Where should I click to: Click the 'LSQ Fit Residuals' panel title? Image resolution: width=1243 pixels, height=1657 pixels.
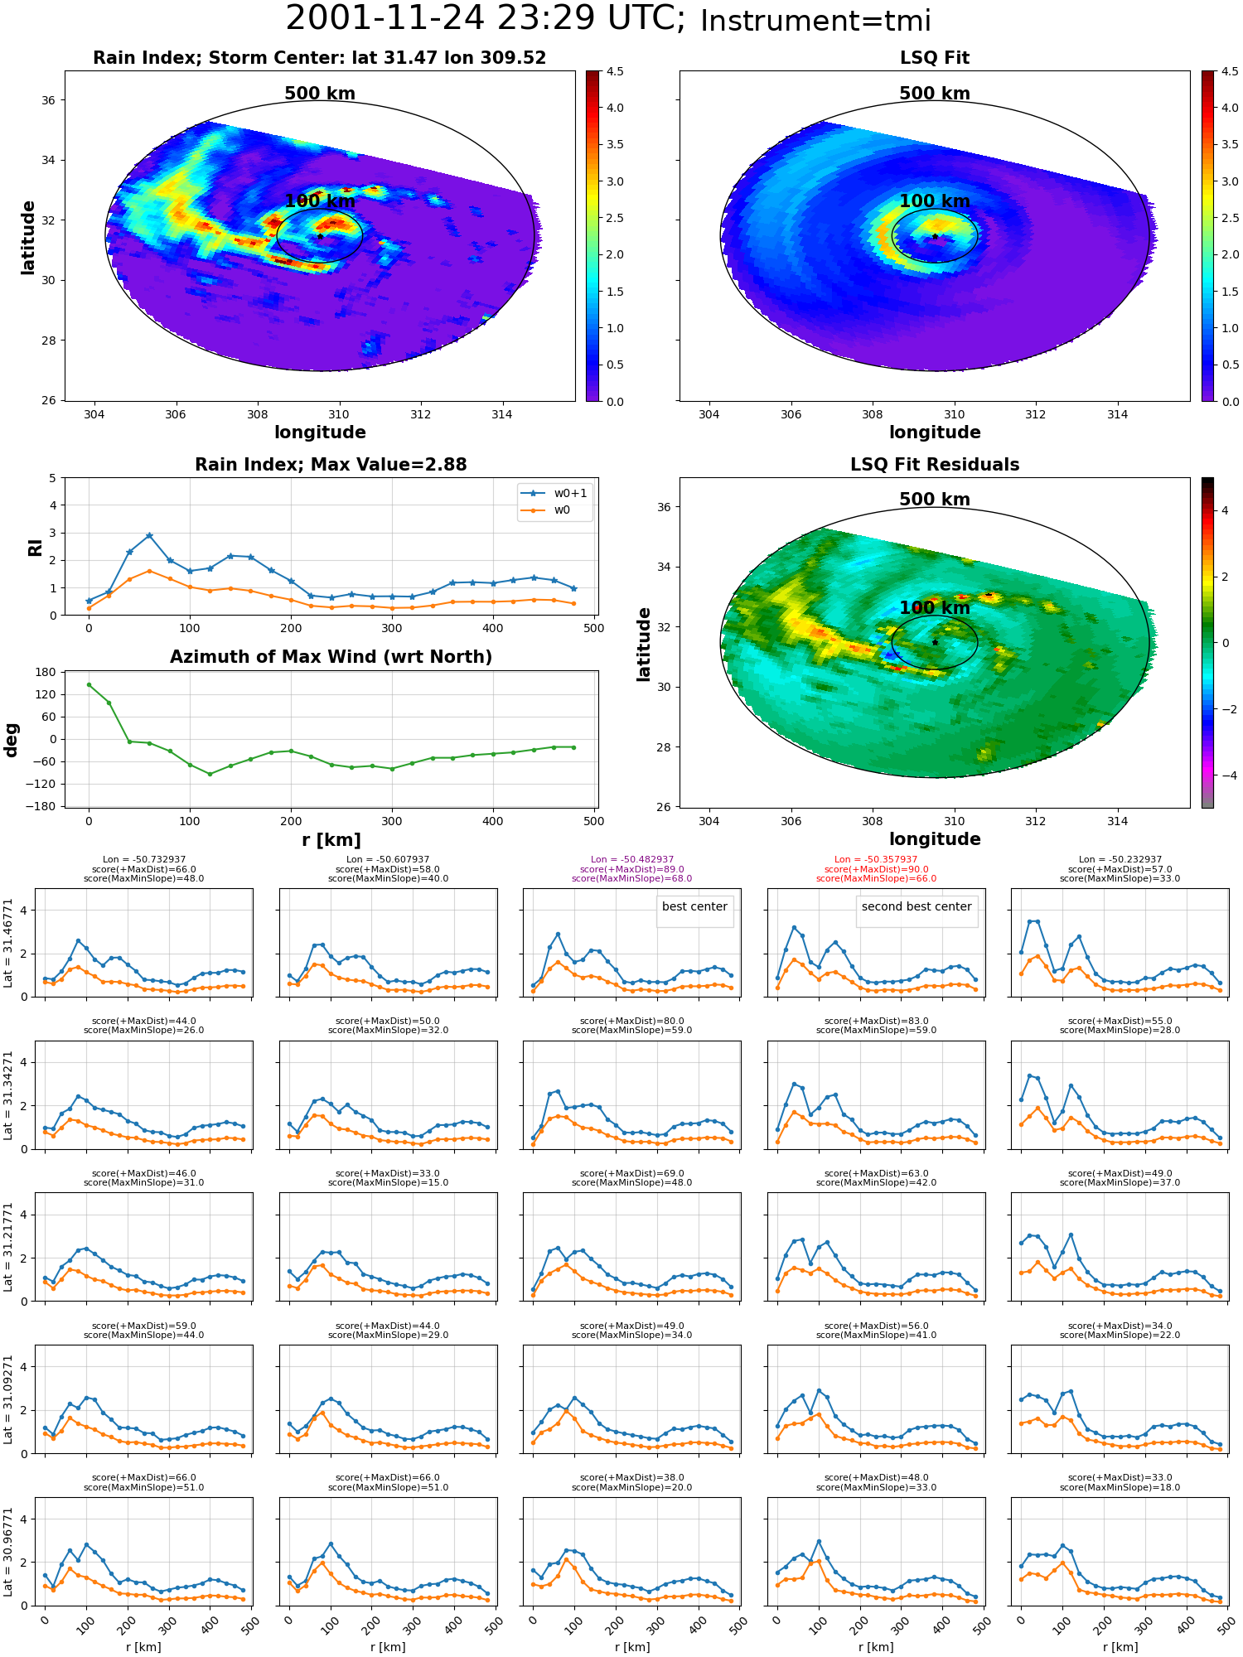pos(935,465)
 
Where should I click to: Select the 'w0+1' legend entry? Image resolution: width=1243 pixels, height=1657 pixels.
pos(554,494)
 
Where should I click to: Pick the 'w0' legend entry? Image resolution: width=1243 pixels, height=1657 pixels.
pos(546,510)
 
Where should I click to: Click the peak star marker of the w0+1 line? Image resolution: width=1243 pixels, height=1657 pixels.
pos(149,536)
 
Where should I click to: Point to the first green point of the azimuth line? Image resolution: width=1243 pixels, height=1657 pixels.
pos(89,684)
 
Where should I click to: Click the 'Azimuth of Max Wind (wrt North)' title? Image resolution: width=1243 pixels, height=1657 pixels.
pos(331,657)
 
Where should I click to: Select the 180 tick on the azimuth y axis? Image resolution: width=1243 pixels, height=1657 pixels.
pos(46,672)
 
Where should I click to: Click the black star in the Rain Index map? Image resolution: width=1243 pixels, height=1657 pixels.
pos(320,236)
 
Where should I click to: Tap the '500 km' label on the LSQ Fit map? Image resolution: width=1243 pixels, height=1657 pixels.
pos(935,94)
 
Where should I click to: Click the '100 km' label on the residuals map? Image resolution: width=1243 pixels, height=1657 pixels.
pos(935,608)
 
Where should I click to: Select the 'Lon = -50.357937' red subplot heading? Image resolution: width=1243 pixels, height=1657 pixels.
pos(876,860)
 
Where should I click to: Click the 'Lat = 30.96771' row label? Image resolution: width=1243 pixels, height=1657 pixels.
pos(9,1552)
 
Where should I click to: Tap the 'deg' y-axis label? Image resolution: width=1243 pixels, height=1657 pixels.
pos(12,740)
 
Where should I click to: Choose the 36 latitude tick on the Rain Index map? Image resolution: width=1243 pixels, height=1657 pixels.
pos(49,100)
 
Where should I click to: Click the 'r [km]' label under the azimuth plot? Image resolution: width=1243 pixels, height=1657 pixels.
pos(331,840)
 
